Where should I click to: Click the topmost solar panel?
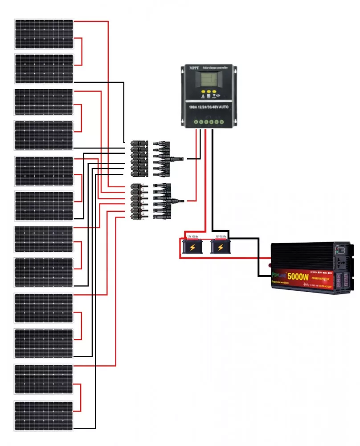44,33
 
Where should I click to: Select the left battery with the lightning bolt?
192,246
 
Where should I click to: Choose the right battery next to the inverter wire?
220,246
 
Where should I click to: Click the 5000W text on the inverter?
299,277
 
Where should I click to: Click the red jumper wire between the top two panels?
82,51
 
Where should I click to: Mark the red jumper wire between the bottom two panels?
81,397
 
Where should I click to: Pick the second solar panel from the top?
44,69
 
